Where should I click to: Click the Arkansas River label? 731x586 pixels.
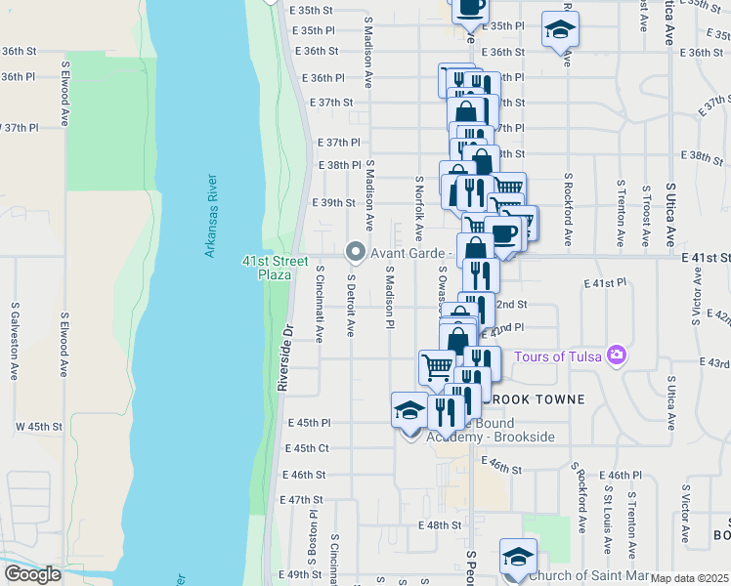coord(210,216)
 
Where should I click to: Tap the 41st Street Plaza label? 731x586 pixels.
coord(267,267)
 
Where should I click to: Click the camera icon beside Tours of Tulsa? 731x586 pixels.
coord(617,356)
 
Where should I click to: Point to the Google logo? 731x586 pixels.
coord(32,574)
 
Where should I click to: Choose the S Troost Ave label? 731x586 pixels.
coord(645,215)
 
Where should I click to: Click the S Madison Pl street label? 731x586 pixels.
coord(389,297)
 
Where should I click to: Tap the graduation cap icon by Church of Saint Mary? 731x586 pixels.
coord(517,557)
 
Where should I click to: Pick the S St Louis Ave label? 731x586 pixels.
coord(607,519)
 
